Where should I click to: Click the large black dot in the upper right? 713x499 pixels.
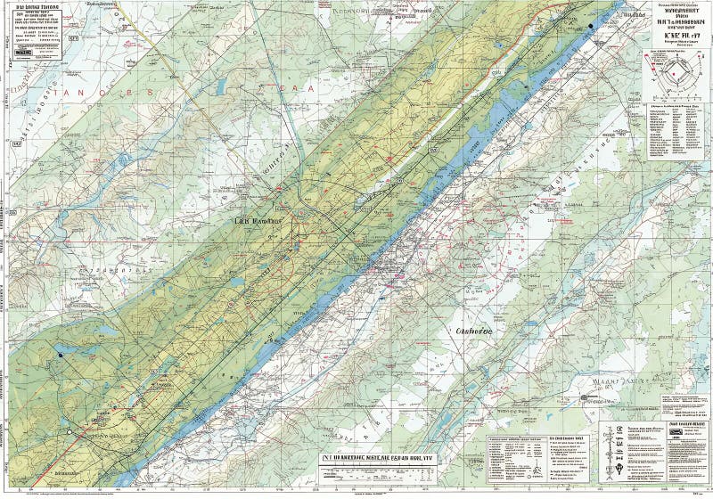tap(591, 27)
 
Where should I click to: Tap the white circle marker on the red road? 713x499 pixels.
tap(70, 432)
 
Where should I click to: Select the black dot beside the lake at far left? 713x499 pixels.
tap(61, 355)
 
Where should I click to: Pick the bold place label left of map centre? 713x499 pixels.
tap(257, 221)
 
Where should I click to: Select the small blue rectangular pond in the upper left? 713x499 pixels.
tap(220, 86)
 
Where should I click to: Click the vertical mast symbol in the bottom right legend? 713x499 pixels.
tap(609, 446)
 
